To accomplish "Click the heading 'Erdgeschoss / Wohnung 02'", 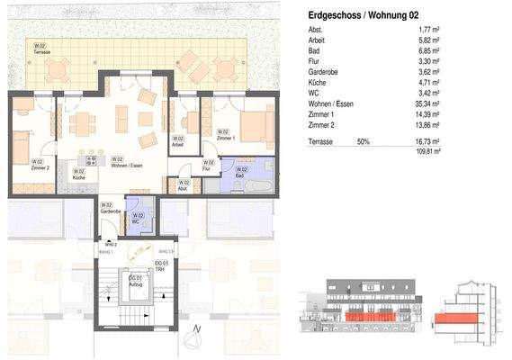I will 364,15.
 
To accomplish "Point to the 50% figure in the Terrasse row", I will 364,142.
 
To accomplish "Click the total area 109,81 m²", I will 423,153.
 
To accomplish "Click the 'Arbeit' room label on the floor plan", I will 179,141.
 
